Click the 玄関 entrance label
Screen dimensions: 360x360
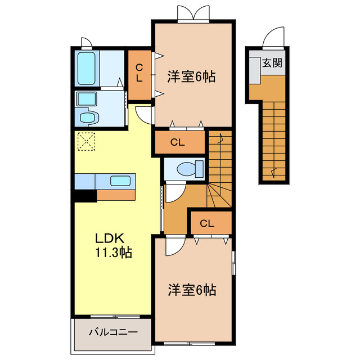(x=272, y=62)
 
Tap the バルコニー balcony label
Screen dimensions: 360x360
(x=114, y=332)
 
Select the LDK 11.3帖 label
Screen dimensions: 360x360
(x=113, y=245)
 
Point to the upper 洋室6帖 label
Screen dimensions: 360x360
(x=191, y=76)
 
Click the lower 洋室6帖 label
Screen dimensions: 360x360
(x=192, y=290)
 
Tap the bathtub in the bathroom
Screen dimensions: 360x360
(x=86, y=68)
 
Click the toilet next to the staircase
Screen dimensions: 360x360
(x=190, y=169)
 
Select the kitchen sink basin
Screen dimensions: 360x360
(x=120, y=181)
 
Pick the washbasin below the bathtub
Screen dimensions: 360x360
(x=86, y=99)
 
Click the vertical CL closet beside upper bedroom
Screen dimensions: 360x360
(x=139, y=75)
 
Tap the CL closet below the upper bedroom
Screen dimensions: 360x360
(x=179, y=142)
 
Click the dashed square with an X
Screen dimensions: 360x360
(x=86, y=141)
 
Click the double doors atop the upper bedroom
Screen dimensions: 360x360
(x=193, y=13)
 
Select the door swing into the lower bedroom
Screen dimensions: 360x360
(x=175, y=246)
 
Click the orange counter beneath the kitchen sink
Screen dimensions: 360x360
(x=116, y=195)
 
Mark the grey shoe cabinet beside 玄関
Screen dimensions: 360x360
(x=255, y=70)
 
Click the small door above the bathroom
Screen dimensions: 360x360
(x=87, y=43)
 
